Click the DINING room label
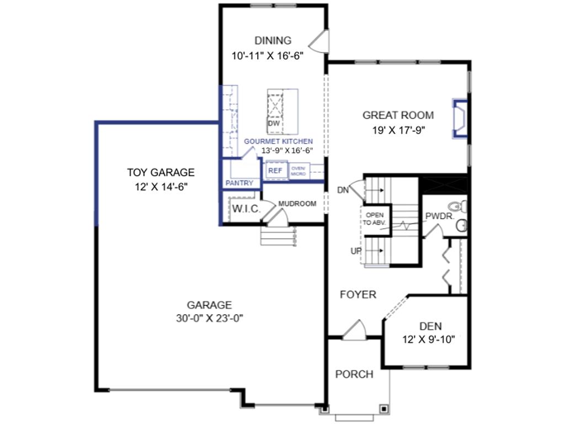point(273,40)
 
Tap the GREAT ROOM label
point(398,115)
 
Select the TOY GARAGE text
point(161,172)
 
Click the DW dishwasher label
point(274,124)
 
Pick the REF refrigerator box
point(275,171)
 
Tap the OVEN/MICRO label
point(299,171)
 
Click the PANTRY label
point(239,183)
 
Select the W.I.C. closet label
point(242,209)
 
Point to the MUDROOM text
point(297,204)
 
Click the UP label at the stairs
point(355,251)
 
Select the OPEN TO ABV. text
point(375,219)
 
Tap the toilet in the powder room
point(461,207)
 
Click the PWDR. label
point(440,216)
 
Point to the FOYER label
point(358,294)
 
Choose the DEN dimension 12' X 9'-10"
point(428,340)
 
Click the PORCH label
point(354,374)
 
